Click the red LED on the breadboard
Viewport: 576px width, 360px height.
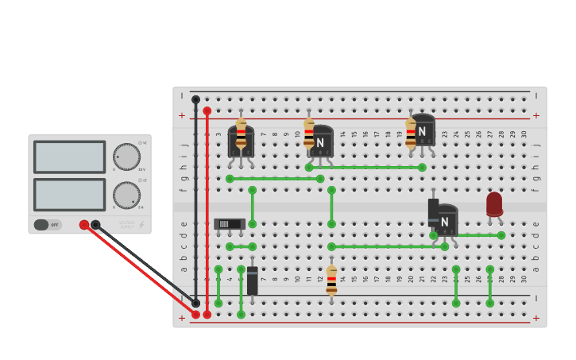pyautogui.click(x=494, y=204)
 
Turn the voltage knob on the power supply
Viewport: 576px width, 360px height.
pyautogui.click(x=126, y=157)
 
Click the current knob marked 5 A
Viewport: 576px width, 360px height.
pyautogui.click(x=126, y=195)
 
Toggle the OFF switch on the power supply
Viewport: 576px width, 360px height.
pyautogui.click(x=47, y=225)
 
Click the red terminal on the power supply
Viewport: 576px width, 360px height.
pyautogui.click(x=84, y=225)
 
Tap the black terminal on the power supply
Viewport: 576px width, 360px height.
pyautogui.click(x=95, y=225)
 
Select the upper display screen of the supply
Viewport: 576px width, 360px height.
pyautogui.click(x=70, y=157)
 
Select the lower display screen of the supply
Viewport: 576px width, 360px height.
pyautogui.click(x=70, y=195)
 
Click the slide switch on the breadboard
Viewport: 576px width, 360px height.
pyautogui.click(x=229, y=224)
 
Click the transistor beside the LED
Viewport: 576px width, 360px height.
pyautogui.click(x=446, y=219)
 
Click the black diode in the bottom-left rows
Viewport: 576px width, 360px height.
pyautogui.click(x=253, y=281)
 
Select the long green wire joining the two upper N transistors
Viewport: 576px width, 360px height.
pyautogui.click(x=365, y=168)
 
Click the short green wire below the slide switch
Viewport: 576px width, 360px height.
pyautogui.click(x=241, y=246)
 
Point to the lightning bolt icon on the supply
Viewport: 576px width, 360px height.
pyautogui.click(x=141, y=225)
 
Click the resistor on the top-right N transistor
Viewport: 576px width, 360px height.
pyautogui.click(x=411, y=134)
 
